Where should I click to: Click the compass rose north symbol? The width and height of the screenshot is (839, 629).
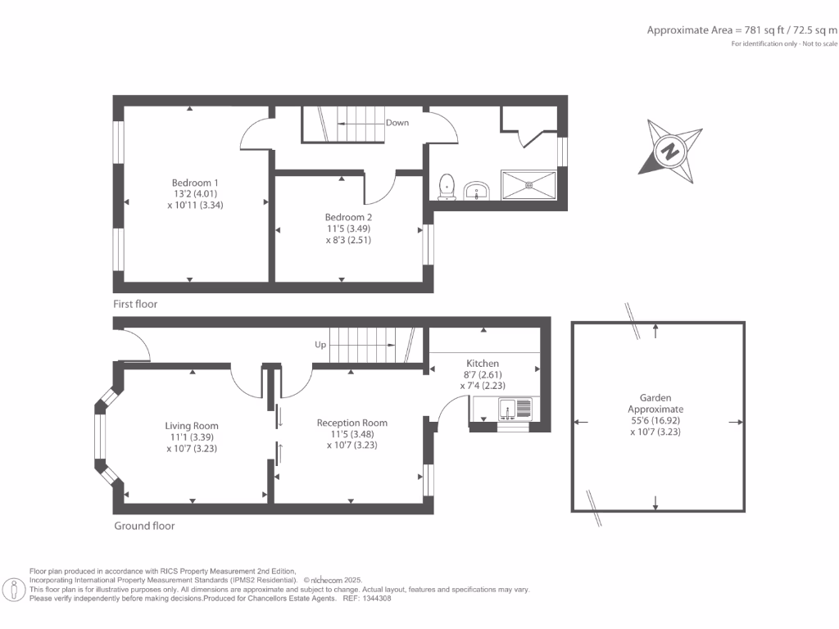(671, 152)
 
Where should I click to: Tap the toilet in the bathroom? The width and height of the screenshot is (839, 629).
(447, 186)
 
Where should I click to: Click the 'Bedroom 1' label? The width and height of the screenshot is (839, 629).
(195, 182)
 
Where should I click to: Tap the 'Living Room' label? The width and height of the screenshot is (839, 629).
(192, 426)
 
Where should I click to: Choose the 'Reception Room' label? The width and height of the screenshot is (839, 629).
(352, 423)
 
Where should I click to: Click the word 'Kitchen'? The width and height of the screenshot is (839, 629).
(483, 363)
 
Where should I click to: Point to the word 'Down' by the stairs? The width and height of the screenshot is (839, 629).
(397, 123)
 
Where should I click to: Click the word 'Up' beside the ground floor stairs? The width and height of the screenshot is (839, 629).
(320, 345)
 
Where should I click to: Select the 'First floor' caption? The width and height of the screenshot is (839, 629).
(135, 304)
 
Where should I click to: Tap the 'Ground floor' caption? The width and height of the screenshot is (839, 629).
(144, 526)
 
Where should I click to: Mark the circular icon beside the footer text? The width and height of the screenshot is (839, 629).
(14, 589)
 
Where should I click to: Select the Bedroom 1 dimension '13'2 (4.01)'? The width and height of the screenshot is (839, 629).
(195, 193)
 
